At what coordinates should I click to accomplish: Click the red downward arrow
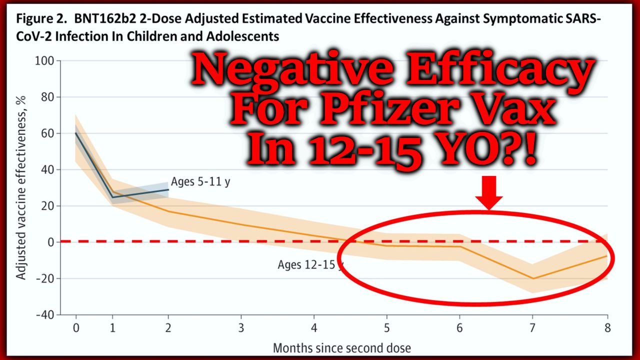tap(488, 192)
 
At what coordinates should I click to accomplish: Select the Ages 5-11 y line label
tap(200, 181)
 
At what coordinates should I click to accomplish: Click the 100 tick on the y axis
tap(46, 61)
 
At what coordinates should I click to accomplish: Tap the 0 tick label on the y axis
tap(52, 242)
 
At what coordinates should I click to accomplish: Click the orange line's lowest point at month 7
tap(534, 278)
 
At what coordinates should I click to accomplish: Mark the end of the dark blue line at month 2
tap(168, 189)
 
